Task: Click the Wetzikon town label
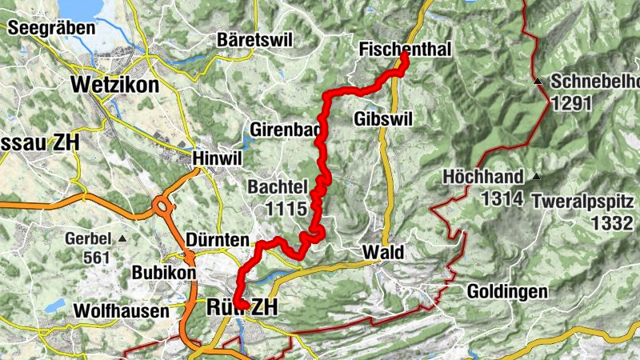point(114,85)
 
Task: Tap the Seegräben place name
point(46,27)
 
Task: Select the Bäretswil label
point(255,39)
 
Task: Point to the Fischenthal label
point(406,49)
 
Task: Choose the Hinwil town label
point(218,158)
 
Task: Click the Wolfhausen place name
point(121,310)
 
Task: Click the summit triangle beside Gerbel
point(122,239)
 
